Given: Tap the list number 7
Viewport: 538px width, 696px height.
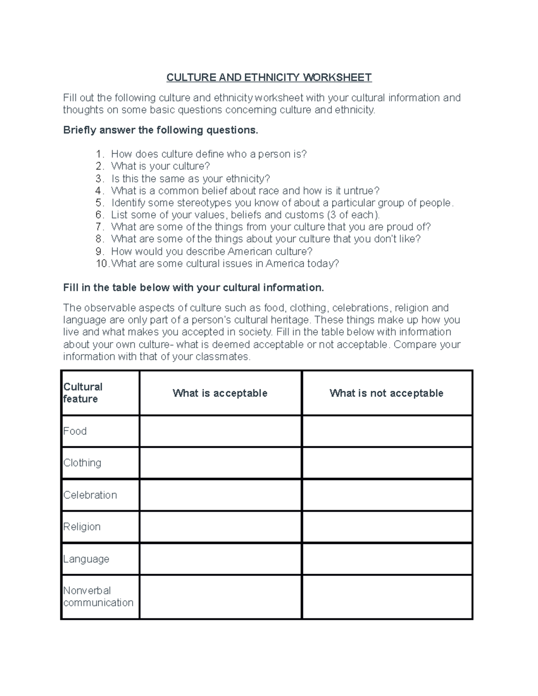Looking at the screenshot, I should (100, 227).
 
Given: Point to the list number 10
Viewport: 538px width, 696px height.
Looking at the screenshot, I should (102, 264).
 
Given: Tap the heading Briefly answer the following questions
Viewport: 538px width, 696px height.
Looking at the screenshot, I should (161, 130).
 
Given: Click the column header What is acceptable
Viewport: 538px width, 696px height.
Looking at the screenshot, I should (220, 393).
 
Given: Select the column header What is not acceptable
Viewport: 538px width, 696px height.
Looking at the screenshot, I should (386, 393).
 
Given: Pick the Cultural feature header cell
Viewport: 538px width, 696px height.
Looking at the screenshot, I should (83, 393).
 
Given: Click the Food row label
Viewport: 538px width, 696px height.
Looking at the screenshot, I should (75, 431).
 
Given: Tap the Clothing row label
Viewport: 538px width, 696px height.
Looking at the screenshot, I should (82, 463).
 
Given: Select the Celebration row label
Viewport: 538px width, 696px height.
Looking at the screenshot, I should (90, 495).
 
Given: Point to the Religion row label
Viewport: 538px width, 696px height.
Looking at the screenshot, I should (82, 527).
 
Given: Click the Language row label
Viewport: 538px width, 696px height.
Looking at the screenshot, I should (86, 559).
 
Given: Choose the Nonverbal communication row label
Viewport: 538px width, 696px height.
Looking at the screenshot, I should (98, 597).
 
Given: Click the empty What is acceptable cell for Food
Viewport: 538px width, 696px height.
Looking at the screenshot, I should (220, 431).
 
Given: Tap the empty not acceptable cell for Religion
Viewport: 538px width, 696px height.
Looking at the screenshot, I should (387, 527).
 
